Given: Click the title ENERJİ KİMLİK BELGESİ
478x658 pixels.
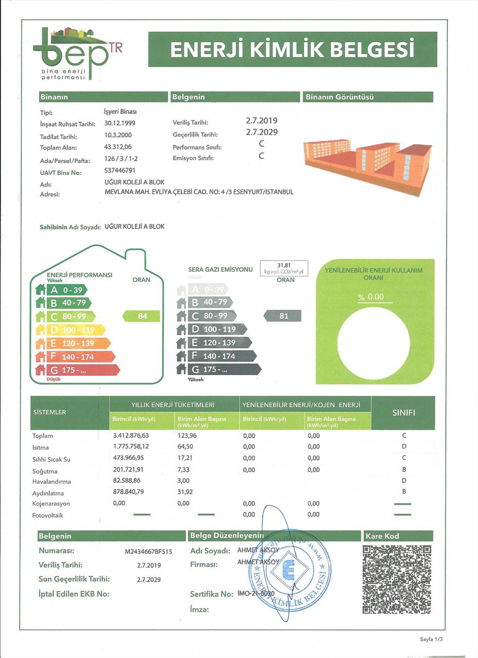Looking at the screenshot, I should (292, 49).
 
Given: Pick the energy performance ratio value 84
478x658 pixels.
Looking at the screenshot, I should (141, 316).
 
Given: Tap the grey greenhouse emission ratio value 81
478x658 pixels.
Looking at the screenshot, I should (283, 316).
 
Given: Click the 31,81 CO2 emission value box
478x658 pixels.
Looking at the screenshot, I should (283, 268).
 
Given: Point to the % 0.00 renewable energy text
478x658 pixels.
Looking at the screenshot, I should (371, 297).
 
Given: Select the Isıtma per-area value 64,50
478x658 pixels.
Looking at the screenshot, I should (186, 447).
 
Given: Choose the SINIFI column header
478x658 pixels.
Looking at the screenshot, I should (403, 412).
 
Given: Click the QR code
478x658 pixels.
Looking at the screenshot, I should (397, 578).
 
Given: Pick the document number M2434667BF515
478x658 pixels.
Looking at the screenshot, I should (149, 552).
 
